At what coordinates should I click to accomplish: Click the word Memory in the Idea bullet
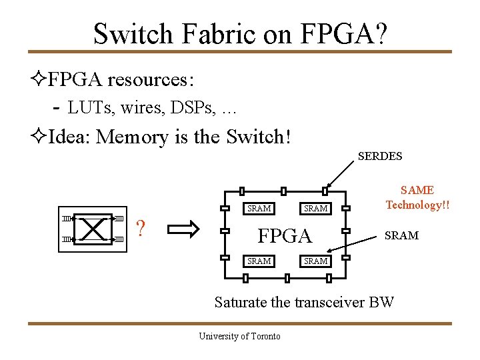(x=132, y=137)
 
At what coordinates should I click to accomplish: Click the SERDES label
(x=380, y=157)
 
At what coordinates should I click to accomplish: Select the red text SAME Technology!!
(x=417, y=198)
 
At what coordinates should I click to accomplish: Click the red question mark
(x=141, y=229)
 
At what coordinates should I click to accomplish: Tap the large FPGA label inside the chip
(x=285, y=236)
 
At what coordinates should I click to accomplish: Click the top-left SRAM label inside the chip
(x=259, y=209)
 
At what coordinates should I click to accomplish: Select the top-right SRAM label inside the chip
(x=315, y=209)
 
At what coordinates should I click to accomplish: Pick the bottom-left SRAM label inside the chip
(x=259, y=261)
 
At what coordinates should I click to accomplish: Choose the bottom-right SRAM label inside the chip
(x=315, y=261)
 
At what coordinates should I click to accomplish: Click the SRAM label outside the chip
(x=402, y=235)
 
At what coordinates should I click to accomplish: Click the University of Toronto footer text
(x=239, y=336)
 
